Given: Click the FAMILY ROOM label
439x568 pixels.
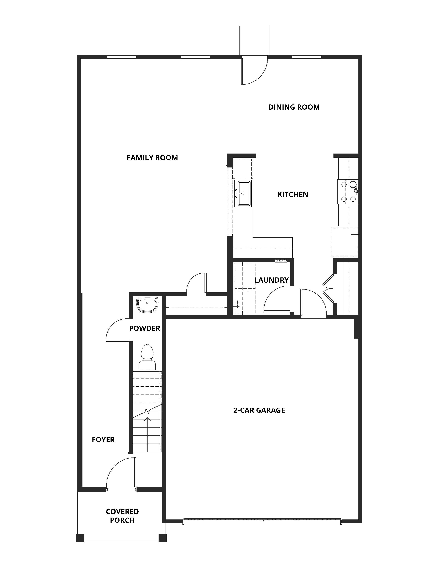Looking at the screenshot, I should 152,158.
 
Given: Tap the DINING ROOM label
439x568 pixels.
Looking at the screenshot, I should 294,107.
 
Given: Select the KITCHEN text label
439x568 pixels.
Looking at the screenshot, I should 292,194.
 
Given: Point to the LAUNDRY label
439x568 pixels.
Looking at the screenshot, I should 271,280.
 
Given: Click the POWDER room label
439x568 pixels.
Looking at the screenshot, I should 145,328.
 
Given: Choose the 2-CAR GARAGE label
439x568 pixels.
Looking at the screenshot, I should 259,410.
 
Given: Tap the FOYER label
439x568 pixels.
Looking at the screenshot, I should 103,440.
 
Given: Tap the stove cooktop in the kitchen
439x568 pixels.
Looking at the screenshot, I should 348,192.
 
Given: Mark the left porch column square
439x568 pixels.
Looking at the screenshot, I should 80,538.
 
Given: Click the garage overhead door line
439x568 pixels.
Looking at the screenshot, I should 262,521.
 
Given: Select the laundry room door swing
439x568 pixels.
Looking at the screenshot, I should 276,299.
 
